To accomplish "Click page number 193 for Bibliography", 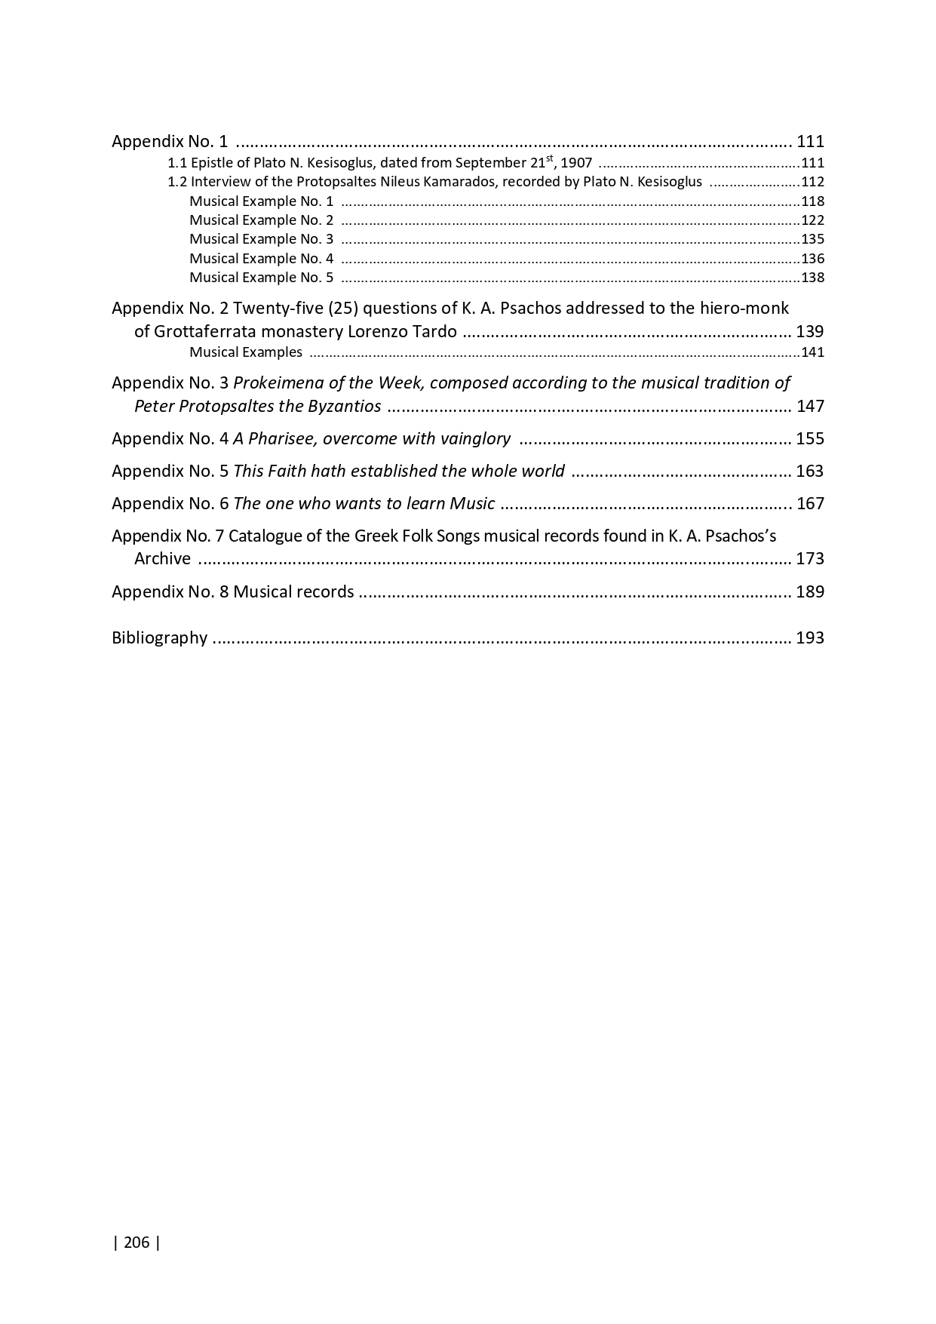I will [810, 638].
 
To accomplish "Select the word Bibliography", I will [159, 638].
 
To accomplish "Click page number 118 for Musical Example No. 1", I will [812, 201].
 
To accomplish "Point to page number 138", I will [812, 278].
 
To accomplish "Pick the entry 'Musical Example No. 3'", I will [261, 239].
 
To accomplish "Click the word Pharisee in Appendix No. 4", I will [284, 439].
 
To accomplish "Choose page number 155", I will [810, 439].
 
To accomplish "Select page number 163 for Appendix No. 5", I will [810, 472].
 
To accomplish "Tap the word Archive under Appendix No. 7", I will [162, 559].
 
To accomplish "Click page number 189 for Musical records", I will [810, 592].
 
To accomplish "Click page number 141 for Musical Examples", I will [812, 352].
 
